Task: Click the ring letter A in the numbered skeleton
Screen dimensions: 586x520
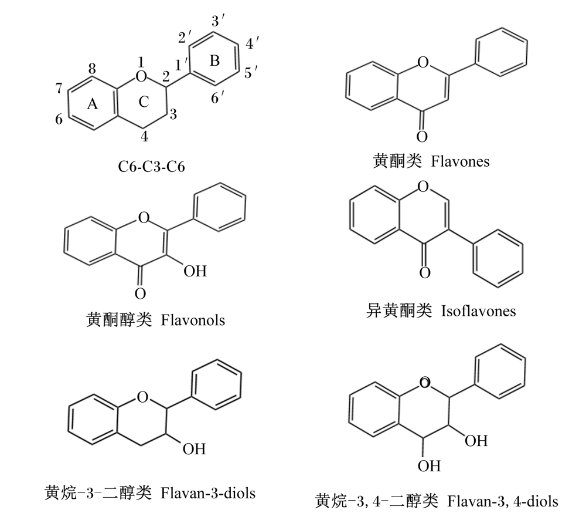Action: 93,103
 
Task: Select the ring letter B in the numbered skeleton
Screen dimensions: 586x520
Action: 214,60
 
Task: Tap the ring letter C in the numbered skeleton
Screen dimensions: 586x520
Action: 144,102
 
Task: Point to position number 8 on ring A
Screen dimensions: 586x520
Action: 92,69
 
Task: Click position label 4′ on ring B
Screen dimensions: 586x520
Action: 252,43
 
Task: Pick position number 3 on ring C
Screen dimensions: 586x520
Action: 173,114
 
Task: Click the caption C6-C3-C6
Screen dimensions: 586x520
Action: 151,167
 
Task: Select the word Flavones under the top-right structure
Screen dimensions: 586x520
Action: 460,161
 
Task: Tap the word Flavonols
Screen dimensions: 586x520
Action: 193,320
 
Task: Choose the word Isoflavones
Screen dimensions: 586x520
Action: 478,311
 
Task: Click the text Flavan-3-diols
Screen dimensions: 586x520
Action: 208,493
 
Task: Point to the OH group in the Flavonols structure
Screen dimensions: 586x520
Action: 195,271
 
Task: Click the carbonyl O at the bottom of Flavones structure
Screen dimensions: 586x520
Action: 422,137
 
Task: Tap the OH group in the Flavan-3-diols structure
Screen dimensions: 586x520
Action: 194,449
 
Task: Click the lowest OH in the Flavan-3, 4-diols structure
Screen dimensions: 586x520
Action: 429,466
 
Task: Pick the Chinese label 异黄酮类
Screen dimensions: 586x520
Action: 398,311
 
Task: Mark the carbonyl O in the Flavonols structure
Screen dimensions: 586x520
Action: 140,294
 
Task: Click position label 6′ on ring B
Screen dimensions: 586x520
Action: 217,97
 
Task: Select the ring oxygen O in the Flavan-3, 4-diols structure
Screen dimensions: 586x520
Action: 425,383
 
